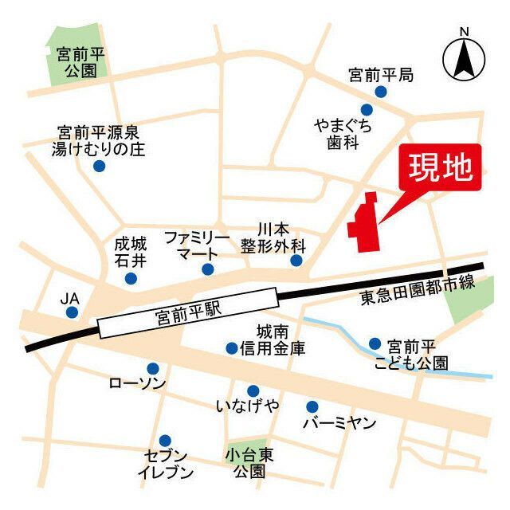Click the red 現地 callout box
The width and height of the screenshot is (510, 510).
(441, 168)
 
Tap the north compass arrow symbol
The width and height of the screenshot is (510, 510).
(463, 57)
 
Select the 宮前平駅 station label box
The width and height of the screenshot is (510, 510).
(188, 317)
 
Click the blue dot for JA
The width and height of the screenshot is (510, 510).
(73, 312)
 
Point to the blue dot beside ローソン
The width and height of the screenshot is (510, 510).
(153, 368)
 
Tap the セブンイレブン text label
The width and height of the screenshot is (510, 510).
(165, 464)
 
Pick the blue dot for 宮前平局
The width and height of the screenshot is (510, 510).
(381, 92)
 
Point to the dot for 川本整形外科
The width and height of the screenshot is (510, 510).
(296, 261)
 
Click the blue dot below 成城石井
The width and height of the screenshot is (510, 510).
(131, 278)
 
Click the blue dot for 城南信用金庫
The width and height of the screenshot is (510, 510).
(232, 347)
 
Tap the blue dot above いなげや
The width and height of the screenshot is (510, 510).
(253, 390)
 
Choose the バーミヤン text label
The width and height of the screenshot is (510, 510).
(339, 423)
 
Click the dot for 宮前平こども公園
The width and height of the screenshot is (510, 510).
(375, 344)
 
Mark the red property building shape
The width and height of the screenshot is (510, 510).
(364, 222)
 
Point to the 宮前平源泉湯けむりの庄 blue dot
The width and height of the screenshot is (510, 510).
(99, 166)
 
